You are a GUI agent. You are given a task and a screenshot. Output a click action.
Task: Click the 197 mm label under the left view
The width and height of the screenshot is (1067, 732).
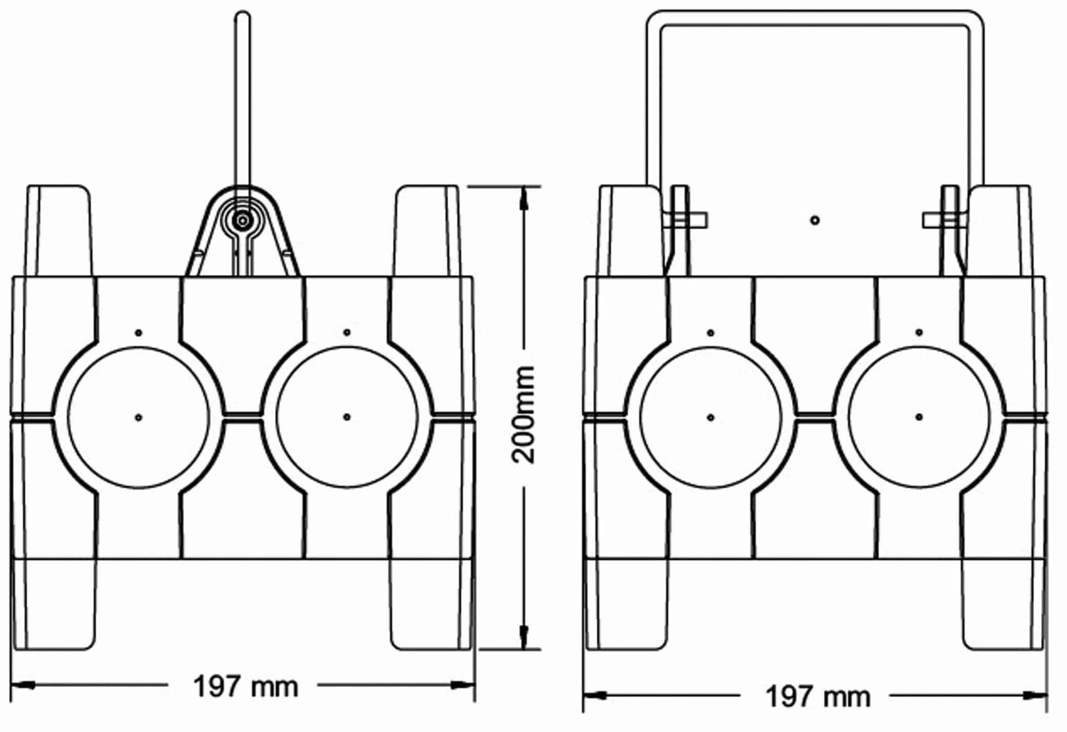pos(245,686)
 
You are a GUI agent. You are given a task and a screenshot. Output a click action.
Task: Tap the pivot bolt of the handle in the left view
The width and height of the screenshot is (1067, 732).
pos(242,220)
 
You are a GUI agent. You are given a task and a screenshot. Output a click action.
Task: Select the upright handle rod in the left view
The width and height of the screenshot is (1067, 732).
pos(242,103)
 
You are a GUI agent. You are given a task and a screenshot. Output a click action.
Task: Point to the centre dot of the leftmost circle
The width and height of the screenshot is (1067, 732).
pos(139,417)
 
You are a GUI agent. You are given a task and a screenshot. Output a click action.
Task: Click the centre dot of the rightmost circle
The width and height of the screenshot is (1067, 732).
pos(919,417)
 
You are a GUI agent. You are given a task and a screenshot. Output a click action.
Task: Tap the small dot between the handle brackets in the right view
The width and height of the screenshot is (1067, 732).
pos(815,220)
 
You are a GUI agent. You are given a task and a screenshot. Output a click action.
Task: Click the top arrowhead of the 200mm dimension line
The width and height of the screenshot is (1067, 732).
pos(524,197)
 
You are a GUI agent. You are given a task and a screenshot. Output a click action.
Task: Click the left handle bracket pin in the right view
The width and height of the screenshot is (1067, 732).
pos(687,220)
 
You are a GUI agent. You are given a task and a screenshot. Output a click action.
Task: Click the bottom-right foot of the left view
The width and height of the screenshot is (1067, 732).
pos(431,605)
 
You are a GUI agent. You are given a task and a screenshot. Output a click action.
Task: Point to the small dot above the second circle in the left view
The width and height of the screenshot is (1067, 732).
pos(347,333)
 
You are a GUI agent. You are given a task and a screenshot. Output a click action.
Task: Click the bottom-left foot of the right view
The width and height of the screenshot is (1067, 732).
pos(627,605)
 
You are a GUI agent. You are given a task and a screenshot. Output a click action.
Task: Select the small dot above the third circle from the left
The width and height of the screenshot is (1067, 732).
pos(710,333)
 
